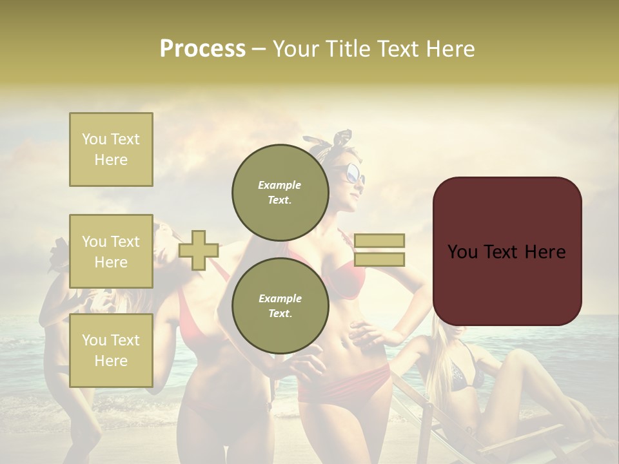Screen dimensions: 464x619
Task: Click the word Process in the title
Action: tap(202, 49)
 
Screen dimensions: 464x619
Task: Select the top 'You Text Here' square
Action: tap(111, 150)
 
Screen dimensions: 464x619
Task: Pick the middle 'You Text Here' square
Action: tap(111, 251)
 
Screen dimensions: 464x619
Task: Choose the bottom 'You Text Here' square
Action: tap(111, 350)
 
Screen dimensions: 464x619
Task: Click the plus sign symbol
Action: tap(199, 250)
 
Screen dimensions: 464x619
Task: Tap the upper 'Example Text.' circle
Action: tap(280, 192)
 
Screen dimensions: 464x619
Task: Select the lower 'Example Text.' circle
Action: tap(280, 305)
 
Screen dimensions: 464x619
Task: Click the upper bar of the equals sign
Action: tap(379, 241)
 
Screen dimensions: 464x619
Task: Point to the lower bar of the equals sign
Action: tap(379, 259)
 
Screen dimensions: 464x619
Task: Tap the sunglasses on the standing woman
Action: tap(353, 172)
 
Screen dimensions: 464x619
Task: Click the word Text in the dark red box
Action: tap(507, 252)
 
